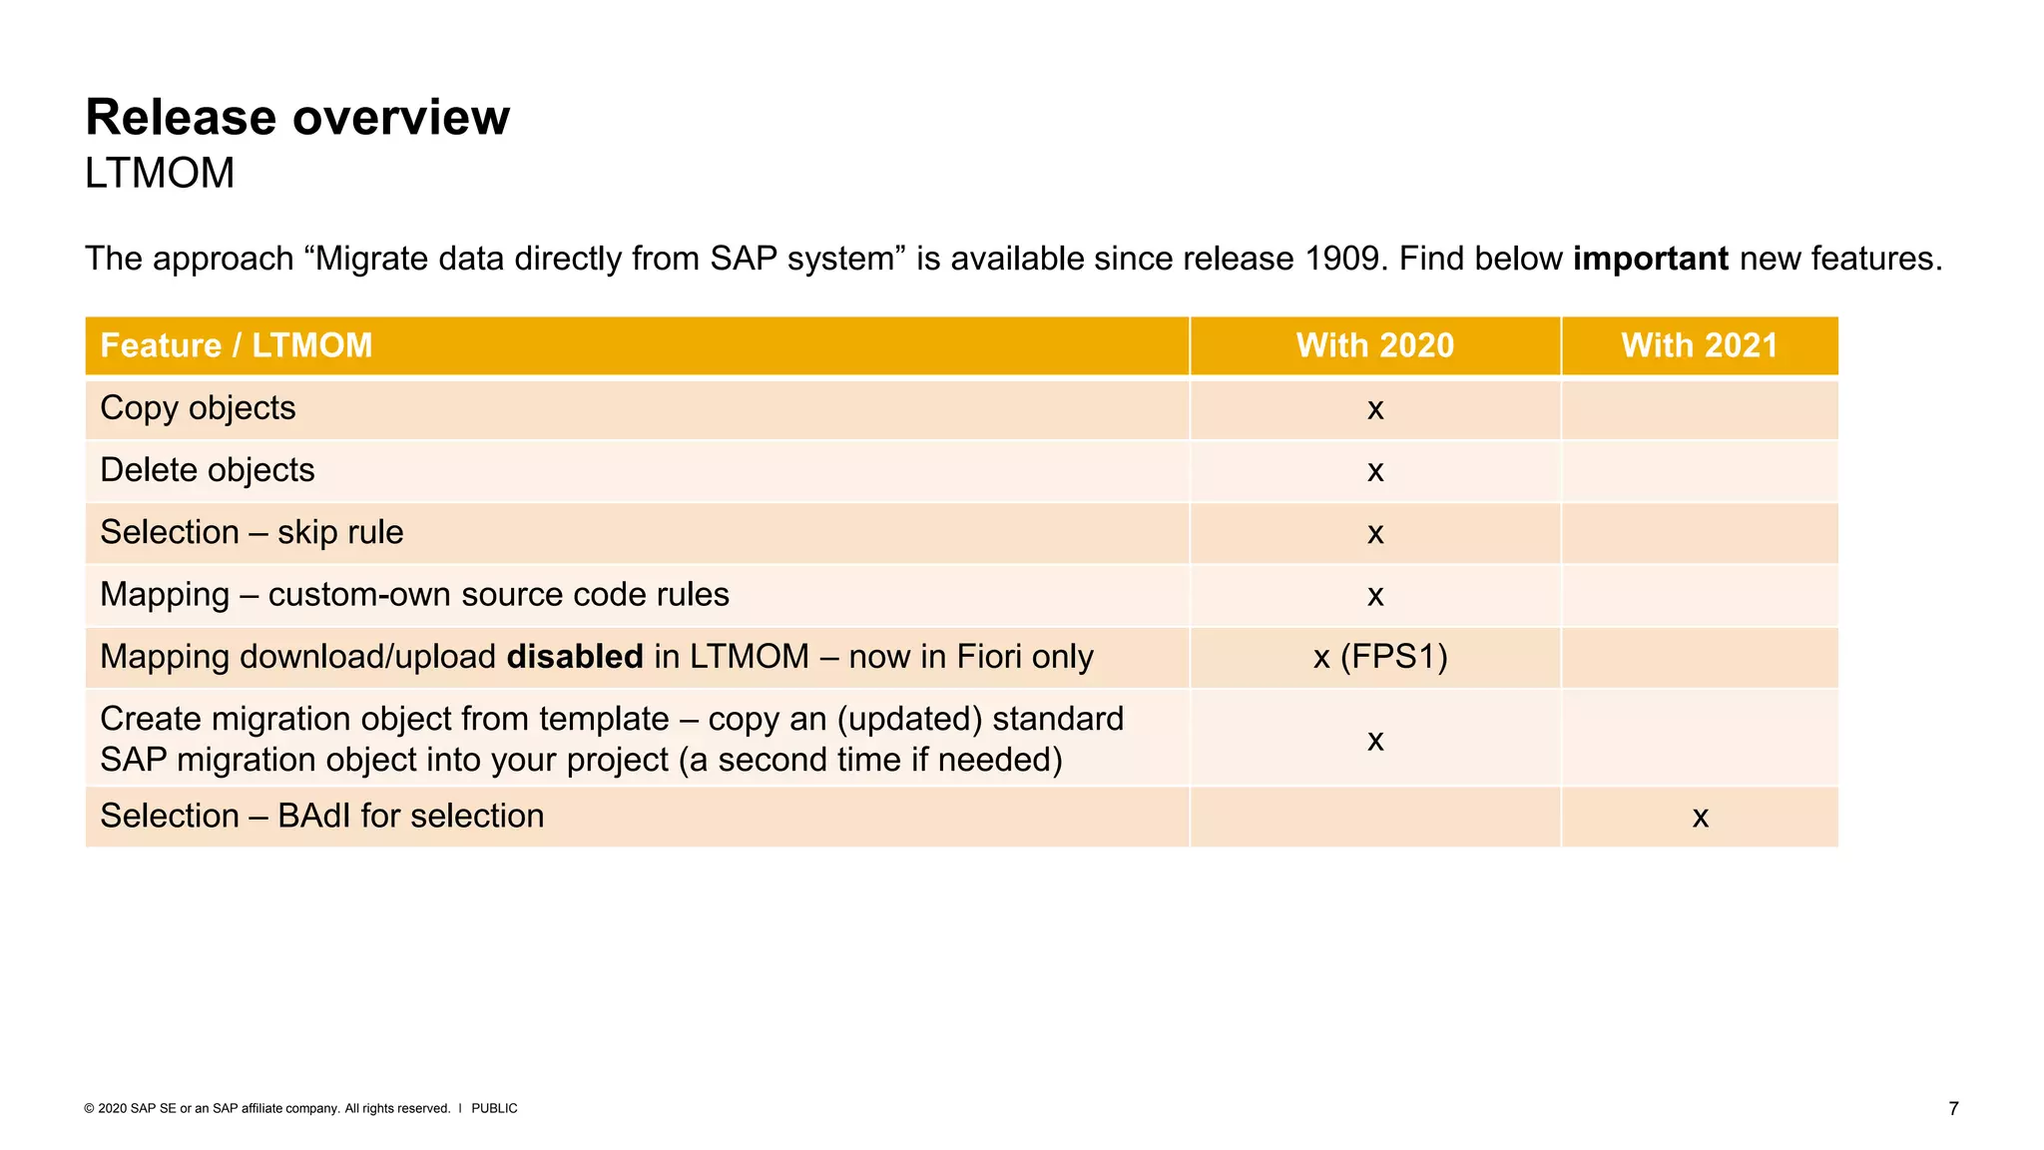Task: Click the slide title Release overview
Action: pyautogui.click(x=297, y=118)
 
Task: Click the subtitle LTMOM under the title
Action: pyautogui.click(x=160, y=174)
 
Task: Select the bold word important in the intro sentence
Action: pyautogui.click(x=1650, y=259)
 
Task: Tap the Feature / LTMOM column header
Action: pyautogui.click(x=237, y=345)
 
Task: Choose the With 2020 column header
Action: pyautogui.click(x=1374, y=345)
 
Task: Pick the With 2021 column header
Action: pyautogui.click(x=1699, y=345)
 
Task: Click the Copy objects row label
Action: pyautogui.click(x=198, y=408)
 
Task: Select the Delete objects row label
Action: pyautogui.click(x=208, y=470)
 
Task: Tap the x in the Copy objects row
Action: pyautogui.click(x=1375, y=409)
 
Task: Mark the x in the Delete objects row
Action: pyautogui.click(x=1375, y=471)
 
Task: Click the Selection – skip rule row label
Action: pyautogui.click(x=252, y=532)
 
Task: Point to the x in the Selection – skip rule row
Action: pyautogui.click(x=1375, y=534)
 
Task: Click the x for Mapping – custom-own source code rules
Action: pyautogui.click(x=1375, y=596)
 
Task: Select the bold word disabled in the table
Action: pyautogui.click(x=575, y=657)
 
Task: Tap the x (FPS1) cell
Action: pyautogui.click(x=1380, y=657)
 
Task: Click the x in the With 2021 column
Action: pyautogui.click(x=1700, y=818)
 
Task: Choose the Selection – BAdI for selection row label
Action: pyautogui.click(x=321, y=816)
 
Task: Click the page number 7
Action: pyautogui.click(x=1953, y=1108)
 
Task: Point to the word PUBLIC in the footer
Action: pyautogui.click(x=494, y=1108)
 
